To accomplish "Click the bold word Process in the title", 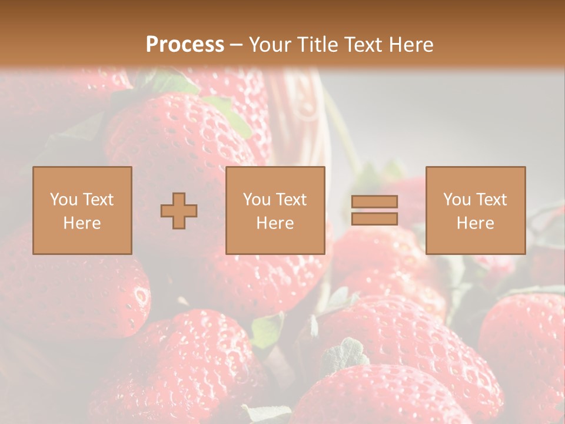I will coord(185,45).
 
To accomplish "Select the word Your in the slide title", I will coord(269,45).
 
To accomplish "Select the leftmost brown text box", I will coord(82,210).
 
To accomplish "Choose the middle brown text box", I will coord(275,210).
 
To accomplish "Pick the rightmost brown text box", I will coord(476,210).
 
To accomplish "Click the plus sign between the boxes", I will coord(179,211).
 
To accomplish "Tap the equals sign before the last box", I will coord(374,210).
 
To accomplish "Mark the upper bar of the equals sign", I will coord(374,201).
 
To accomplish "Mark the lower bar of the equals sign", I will coord(374,219).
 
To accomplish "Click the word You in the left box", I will coord(62,200).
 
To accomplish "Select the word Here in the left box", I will coord(82,223).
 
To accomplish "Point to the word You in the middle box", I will coord(256,200).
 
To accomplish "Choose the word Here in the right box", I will coord(476,223).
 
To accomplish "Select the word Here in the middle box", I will coord(275,223).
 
